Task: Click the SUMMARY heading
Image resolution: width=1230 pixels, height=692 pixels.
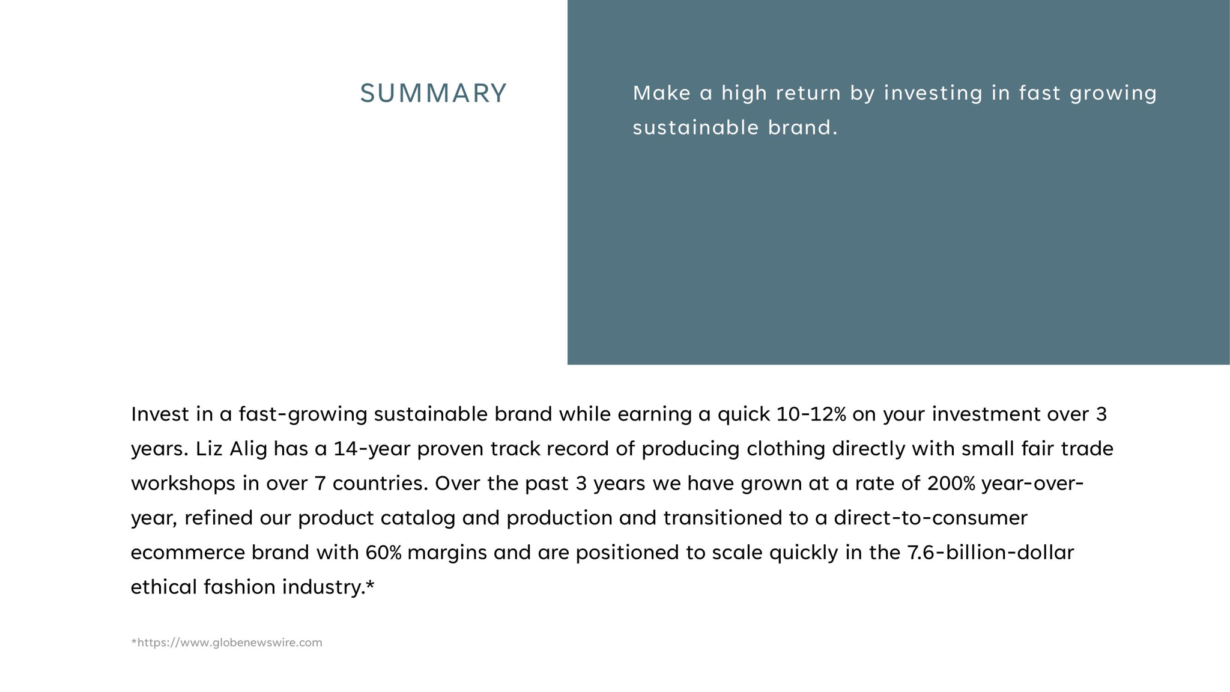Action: tap(433, 93)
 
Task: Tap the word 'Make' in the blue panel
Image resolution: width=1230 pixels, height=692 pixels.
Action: tap(661, 93)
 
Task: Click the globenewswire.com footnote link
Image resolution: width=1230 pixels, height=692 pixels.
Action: tap(226, 643)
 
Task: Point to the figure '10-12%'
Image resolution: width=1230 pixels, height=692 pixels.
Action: tap(811, 414)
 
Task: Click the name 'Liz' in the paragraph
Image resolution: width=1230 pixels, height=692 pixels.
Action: tap(209, 449)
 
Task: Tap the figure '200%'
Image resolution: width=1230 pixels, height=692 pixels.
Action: tap(951, 483)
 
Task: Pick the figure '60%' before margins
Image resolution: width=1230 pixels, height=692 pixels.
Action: tap(383, 553)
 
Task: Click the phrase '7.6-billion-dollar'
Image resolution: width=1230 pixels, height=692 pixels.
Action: tap(990, 553)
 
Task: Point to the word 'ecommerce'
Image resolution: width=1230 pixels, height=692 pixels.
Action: tap(187, 553)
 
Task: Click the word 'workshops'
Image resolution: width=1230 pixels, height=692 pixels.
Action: tap(183, 484)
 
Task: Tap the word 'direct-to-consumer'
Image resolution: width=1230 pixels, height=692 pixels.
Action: tap(930, 518)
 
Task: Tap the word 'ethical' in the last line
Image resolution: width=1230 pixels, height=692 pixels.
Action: tap(163, 587)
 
